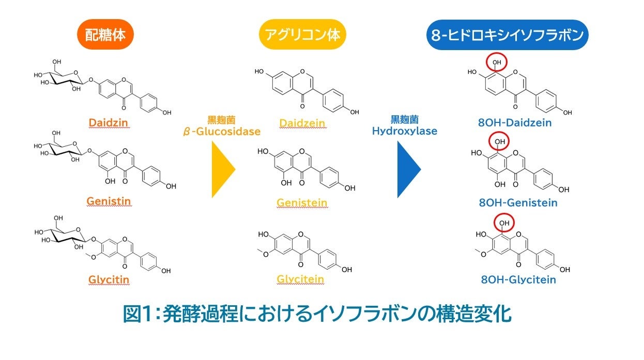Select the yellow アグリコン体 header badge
point(302,35)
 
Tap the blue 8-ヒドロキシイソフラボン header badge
point(508,35)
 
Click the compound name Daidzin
point(109,123)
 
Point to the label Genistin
point(109,201)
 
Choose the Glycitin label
point(109,280)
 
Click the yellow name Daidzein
point(302,123)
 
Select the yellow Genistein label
point(302,202)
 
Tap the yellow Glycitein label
point(300,279)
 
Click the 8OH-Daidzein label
point(515,123)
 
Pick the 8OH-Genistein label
point(518,202)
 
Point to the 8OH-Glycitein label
point(518,279)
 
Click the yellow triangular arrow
point(222,169)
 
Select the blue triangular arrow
point(408,169)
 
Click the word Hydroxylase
point(405,131)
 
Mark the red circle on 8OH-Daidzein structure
point(497,62)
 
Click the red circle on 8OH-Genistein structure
point(499,142)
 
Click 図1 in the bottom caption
point(139,314)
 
